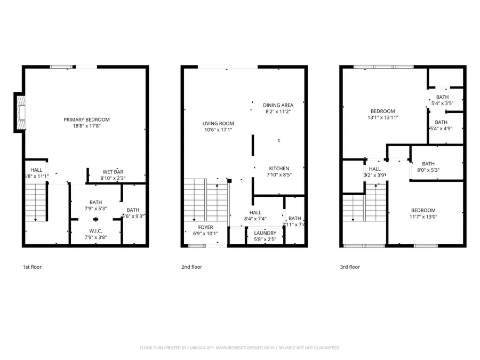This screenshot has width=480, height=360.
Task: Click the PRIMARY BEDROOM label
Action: point(86,119)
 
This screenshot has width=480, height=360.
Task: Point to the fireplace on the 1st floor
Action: point(19,113)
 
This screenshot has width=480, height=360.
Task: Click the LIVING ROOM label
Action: point(218,123)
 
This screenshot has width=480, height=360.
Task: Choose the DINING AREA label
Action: point(278,105)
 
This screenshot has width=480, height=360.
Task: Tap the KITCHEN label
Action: point(279,168)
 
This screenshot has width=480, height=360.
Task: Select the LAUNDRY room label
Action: point(265,233)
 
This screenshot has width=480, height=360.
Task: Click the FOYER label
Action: point(205,227)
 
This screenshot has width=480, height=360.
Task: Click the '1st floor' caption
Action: point(32,267)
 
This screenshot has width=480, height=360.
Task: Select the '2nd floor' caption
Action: point(192,267)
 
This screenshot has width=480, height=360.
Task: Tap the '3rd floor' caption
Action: point(350,267)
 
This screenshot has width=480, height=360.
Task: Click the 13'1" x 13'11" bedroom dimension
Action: point(382,117)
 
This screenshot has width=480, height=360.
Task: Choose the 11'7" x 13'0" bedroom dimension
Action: point(423,217)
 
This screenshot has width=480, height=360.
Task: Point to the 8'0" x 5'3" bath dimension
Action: point(428,170)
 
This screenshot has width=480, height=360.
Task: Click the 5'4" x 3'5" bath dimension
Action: point(442,103)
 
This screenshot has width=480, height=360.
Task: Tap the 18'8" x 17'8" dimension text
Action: point(86,126)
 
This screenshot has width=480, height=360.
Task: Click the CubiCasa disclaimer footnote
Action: point(239,348)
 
